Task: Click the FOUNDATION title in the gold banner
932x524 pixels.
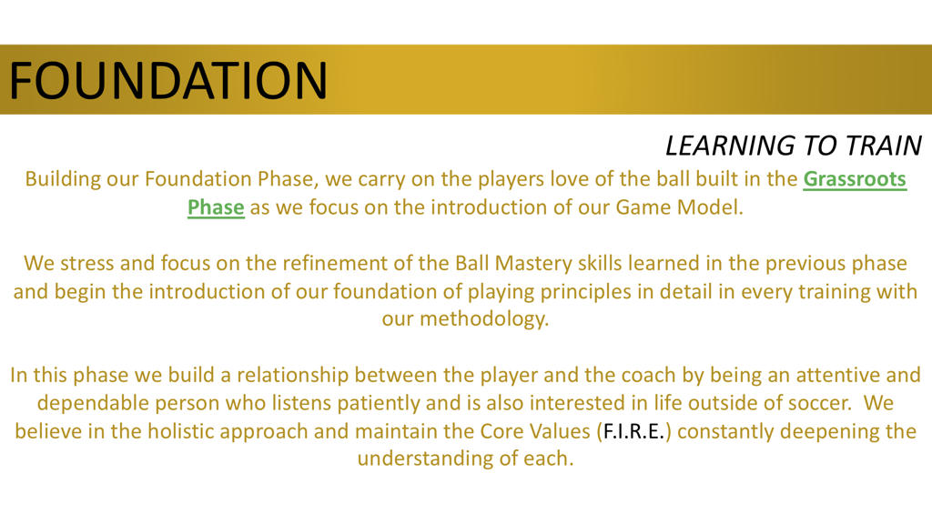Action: (169, 79)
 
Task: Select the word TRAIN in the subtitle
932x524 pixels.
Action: (882, 146)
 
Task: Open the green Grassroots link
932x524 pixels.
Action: (855, 179)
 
